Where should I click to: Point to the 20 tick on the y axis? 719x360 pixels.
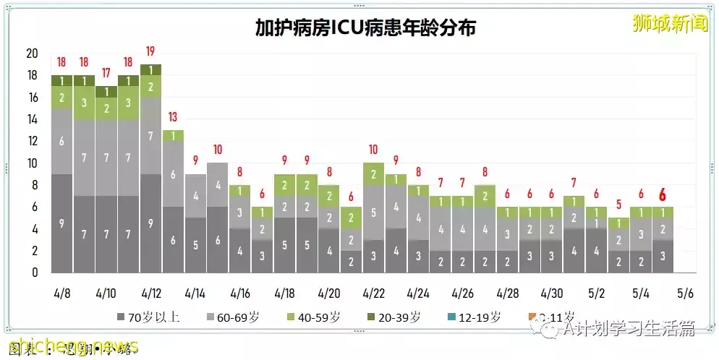[x=31, y=53]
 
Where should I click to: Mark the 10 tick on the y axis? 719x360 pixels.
[x=31, y=163]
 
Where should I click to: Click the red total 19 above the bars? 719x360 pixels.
[x=150, y=51]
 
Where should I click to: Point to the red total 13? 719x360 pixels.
[x=173, y=117]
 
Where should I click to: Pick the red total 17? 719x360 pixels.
[x=106, y=73]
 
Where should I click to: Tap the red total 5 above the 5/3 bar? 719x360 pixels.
[x=618, y=205]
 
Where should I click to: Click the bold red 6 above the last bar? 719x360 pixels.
[x=662, y=194]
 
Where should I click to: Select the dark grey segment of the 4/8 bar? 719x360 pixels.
[x=61, y=223]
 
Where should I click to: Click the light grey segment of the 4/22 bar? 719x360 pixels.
[x=373, y=213]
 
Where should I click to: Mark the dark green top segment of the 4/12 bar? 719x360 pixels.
[x=150, y=69]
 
